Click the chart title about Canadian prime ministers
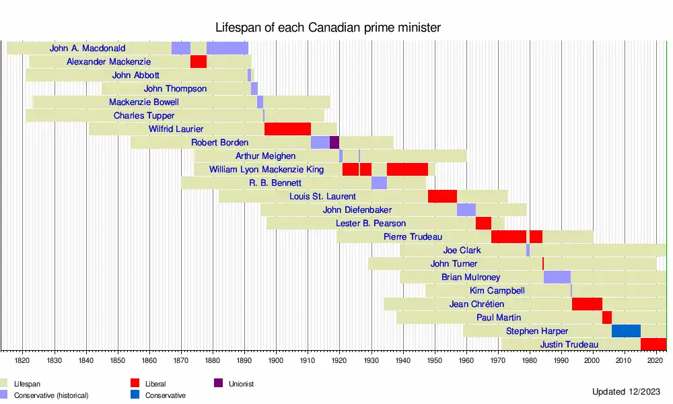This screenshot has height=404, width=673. point(328,28)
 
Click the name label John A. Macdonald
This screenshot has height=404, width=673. point(87,48)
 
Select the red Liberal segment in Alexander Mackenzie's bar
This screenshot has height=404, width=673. point(198,62)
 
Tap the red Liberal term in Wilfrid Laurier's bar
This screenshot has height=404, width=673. point(287,129)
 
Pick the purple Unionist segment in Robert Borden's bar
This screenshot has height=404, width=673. point(334,143)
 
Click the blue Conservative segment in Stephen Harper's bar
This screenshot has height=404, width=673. point(626,331)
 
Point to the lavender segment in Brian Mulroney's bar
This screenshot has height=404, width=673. point(557,277)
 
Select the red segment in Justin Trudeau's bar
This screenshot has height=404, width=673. point(653,345)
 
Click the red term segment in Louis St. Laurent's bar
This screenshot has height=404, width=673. point(442,197)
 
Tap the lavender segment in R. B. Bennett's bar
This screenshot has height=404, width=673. point(379,183)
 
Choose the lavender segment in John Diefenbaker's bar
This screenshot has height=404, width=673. point(466,210)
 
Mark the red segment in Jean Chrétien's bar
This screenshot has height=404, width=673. point(587,304)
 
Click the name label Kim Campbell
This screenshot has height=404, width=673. point(497,291)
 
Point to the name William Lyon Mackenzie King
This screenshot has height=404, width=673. point(267,170)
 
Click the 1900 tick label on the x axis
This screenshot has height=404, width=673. point(276,361)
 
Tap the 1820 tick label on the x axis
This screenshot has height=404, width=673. point(22,361)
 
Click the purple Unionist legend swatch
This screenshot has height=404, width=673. point(218,384)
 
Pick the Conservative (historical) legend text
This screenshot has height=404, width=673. point(51,395)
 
